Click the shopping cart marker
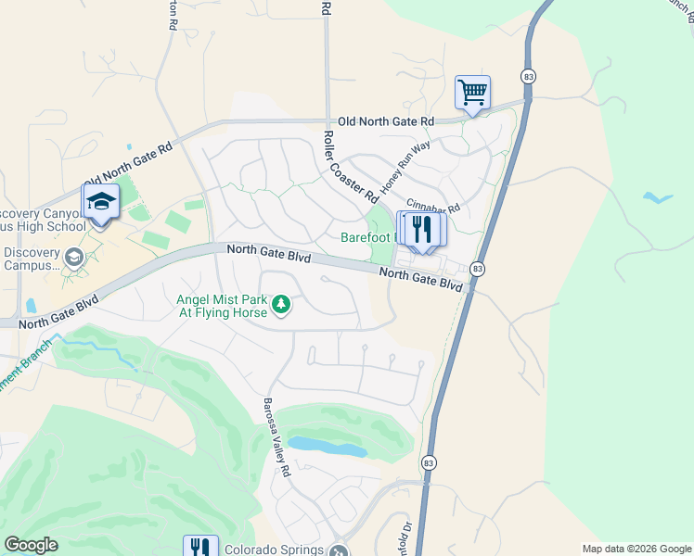pos(473,93)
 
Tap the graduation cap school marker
pos(101,201)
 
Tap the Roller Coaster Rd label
pos(349,168)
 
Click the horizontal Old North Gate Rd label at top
pos(386,121)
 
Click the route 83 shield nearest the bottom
pos(428,461)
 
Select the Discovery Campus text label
pos(32,259)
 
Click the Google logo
pos(31,545)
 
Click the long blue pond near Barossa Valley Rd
pos(327,447)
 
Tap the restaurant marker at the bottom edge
pos(200,547)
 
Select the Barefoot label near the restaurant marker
pos(367,237)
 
